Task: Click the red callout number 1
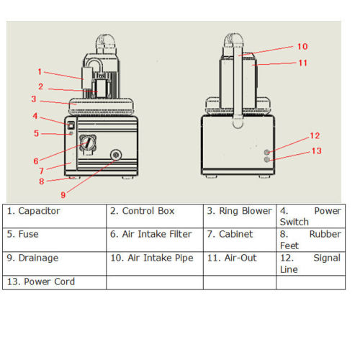click(x=40, y=71)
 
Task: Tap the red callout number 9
click(x=63, y=195)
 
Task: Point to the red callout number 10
click(x=302, y=46)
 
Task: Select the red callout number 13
click(x=316, y=150)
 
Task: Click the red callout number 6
click(x=36, y=161)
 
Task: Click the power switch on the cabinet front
click(x=71, y=125)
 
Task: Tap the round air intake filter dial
click(x=88, y=143)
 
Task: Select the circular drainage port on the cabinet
click(x=116, y=155)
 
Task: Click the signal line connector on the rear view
click(x=266, y=152)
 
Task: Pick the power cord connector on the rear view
click(x=266, y=160)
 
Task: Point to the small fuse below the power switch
click(x=71, y=133)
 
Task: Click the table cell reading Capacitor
click(x=54, y=216)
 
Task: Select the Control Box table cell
click(x=155, y=216)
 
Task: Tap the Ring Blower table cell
click(x=240, y=216)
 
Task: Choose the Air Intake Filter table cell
click(x=155, y=240)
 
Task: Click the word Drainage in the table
click(x=38, y=258)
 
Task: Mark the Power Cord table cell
click(x=54, y=282)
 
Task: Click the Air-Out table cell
click(x=240, y=264)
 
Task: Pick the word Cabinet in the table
click(x=235, y=234)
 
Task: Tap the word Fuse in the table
click(x=28, y=234)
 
